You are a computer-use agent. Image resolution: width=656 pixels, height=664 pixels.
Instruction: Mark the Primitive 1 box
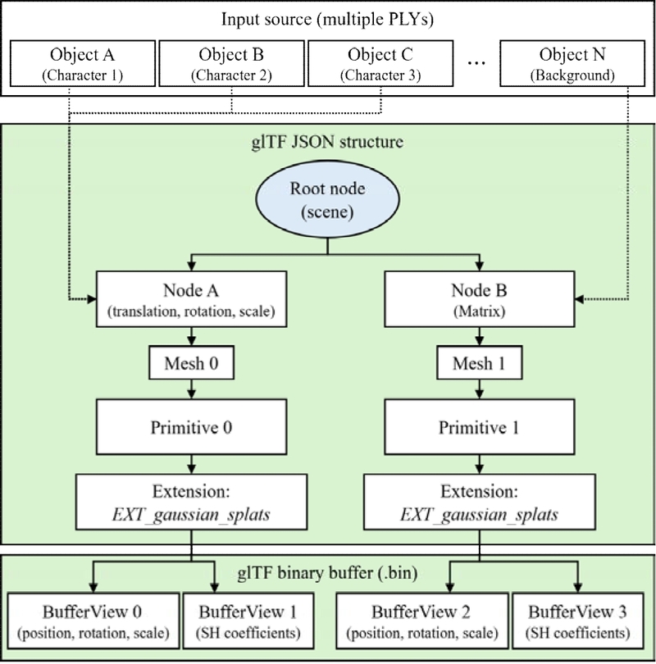[476, 428]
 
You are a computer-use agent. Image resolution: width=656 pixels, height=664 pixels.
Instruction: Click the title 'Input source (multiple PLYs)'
[328, 18]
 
